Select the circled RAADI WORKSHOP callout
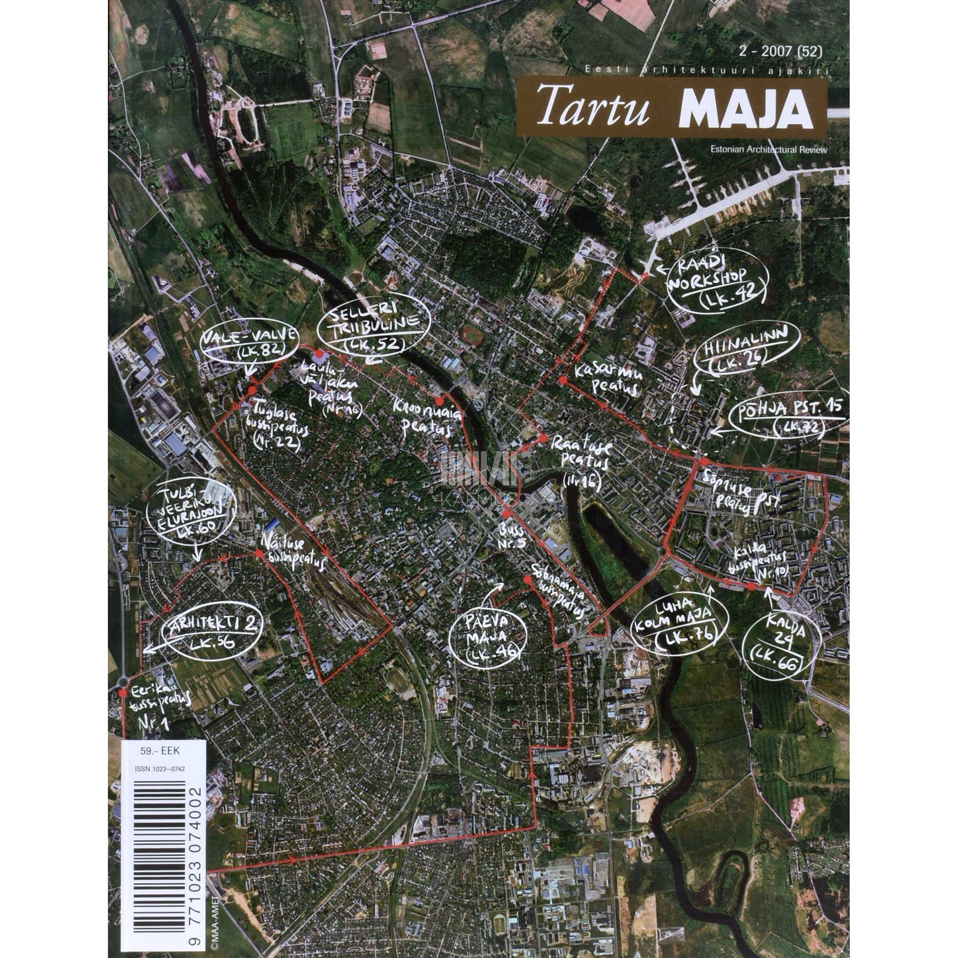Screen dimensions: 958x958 pyautogui.click(x=717, y=287)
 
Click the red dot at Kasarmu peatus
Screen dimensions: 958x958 pyautogui.click(x=562, y=380)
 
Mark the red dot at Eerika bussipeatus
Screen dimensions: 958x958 pyautogui.click(x=123, y=693)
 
